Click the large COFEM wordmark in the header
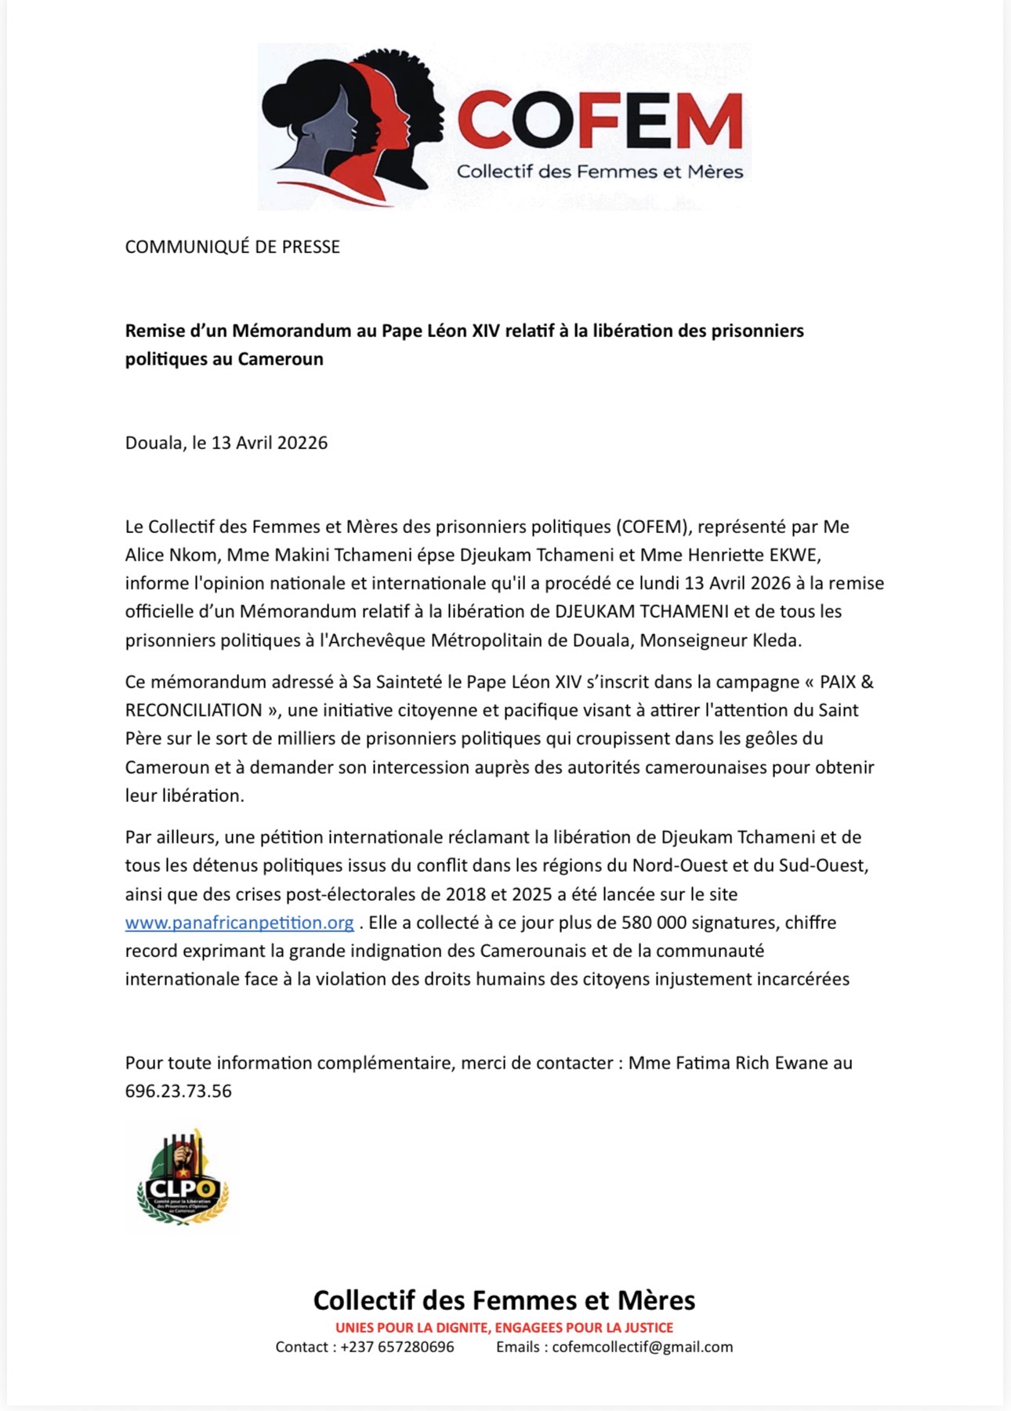point(600,120)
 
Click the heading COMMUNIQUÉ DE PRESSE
point(233,247)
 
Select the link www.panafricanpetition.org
point(239,923)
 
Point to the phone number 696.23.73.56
point(179,1091)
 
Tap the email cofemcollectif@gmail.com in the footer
point(642,1347)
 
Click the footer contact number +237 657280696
point(397,1347)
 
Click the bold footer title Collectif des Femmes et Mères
point(504,1300)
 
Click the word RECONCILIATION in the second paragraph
point(194,710)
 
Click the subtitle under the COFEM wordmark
point(600,172)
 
